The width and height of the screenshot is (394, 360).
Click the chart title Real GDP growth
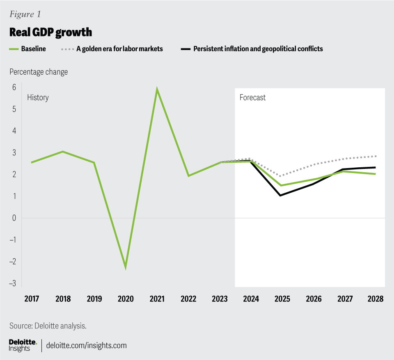[x=50, y=32]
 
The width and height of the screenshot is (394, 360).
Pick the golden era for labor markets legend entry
[x=119, y=49]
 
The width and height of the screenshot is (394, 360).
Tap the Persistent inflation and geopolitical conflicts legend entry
[x=258, y=49]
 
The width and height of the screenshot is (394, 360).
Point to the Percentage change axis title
[x=39, y=72]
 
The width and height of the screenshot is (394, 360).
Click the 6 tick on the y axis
[x=14, y=87]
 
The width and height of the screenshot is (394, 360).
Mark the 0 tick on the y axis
[x=14, y=218]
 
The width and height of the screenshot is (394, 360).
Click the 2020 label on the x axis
[x=126, y=299]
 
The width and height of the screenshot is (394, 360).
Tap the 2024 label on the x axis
[x=251, y=299]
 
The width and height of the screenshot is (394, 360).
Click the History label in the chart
[x=38, y=98]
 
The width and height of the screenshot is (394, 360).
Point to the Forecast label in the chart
[x=252, y=98]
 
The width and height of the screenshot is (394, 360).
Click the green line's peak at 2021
[x=157, y=89]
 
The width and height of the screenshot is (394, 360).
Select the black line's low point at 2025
[x=280, y=195]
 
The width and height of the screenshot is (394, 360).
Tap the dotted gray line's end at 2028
[x=376, y=156]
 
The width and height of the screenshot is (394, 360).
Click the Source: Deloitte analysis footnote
[x=48, y=326]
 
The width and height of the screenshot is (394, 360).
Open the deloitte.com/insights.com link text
[x=87, y=345]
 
